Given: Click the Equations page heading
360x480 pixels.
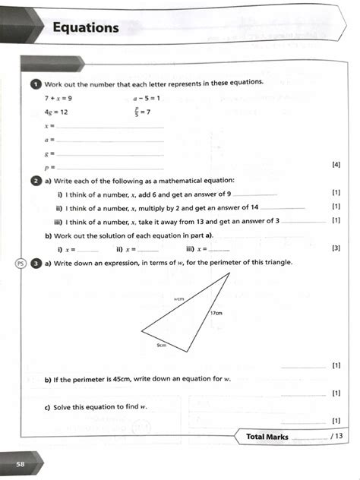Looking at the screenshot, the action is [x=86, y=28].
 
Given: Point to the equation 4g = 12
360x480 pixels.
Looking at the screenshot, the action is [x=56, y=112].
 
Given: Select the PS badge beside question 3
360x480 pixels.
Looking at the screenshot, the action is [x=21, y=263].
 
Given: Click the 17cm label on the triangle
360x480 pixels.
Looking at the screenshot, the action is [x=216, y=313].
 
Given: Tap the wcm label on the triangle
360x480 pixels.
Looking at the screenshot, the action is [x=179, y=299].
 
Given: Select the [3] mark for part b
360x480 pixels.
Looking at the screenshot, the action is [x=336, y=248].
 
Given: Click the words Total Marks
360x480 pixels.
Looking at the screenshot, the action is [x=267, y=437].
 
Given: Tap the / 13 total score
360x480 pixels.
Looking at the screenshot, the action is [x=337, y=437].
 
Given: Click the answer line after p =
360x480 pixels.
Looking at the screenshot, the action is [x=110, y=167].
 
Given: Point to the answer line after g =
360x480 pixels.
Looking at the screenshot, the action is [x=110, y=154].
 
